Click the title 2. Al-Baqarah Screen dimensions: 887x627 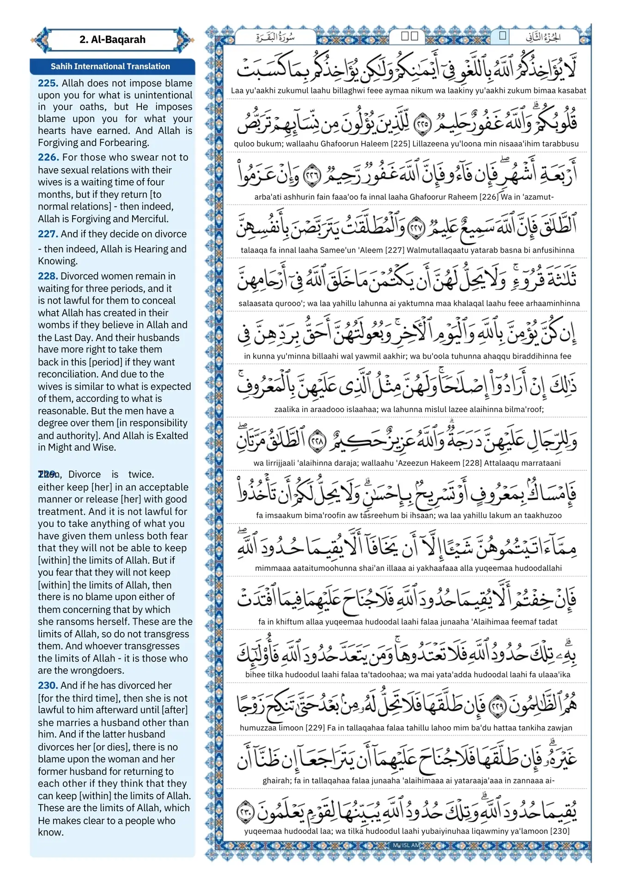(x=112, y=40)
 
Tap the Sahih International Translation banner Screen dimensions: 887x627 (x=110, y=67)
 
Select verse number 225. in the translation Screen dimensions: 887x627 (x=48, y=83)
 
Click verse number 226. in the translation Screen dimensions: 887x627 (x=48, y=157)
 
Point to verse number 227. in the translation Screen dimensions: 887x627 (x=48, y=234)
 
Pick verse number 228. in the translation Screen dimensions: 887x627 (x=48, y=276)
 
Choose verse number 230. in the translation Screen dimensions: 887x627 (x=48, y=685)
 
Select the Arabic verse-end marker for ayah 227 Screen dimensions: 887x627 (x=416, y=227)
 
